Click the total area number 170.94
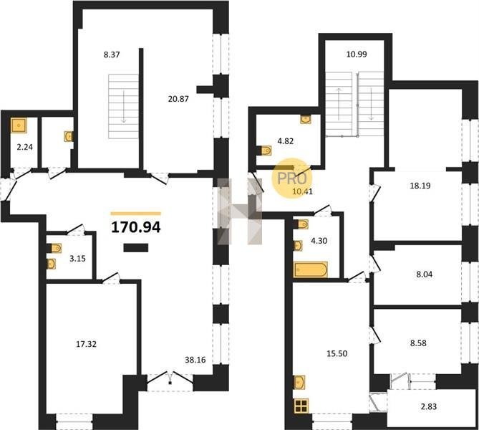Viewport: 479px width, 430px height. pos(136,227)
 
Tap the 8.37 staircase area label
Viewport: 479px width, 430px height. pos(112,55)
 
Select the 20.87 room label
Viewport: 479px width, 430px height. pos(178,99)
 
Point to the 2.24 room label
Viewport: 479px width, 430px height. pos(25,147)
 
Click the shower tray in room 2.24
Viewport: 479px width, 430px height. pos(19,125)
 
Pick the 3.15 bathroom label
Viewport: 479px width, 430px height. pos(77,259)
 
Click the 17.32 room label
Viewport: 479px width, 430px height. pos(86,345)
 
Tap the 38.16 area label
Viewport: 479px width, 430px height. pos(195,360)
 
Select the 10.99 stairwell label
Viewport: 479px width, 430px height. pos(357,54)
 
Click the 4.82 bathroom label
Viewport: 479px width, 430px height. pos(286,141)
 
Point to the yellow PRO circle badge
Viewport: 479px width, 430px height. pos(291,178)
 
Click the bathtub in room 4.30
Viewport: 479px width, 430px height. pos(310,269)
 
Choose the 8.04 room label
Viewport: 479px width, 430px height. pos(425,274)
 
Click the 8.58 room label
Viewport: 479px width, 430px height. pos(418,343)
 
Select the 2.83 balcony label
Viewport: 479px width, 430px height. pos(429,407)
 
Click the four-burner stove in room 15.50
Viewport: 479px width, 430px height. pos(301,406)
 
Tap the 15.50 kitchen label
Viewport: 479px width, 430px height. pos(337,353)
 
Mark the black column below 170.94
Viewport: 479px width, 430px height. pos(136,248)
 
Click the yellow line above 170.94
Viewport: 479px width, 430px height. pos(136,214)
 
